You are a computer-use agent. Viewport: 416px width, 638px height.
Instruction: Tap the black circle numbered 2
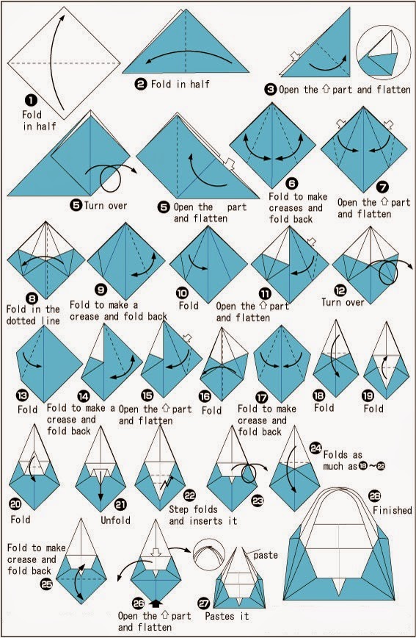140,84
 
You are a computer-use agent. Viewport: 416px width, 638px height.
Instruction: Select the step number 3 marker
271,89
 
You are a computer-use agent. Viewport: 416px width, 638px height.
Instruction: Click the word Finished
393,510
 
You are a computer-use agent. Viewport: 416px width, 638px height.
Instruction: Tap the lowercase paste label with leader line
266,555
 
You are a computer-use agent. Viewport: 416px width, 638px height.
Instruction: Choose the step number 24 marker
315,448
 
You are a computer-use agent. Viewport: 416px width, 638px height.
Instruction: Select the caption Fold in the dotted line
32,315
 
